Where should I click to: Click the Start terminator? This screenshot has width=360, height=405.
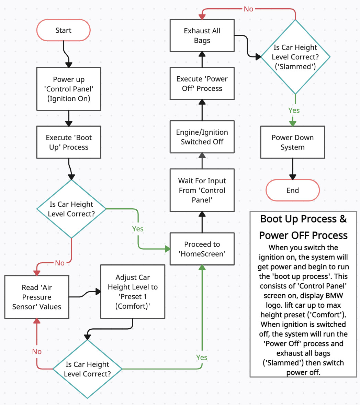pyautogui.click(x=63, y=30)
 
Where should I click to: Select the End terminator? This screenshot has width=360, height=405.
pyautogui.click(x=293, y=190)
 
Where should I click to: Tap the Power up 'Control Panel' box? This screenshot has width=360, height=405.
pyautogui.click(x=69, y=89)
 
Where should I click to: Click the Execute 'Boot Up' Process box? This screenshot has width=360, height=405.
pyautogui.click(x=69, y=142)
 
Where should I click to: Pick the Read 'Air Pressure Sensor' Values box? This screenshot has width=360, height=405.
pyautogui.click(x=37, y=297)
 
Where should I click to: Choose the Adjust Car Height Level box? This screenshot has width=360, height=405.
pyautogui.click(x=133, y=292)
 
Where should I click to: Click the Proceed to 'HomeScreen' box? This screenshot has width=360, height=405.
pyautogui.click(x=202, y=249)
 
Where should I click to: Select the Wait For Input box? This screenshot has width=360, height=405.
pyautogui.click(x=202, y=190)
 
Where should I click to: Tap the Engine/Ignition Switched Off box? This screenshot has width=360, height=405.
pyautogui.click(x=202, y=137)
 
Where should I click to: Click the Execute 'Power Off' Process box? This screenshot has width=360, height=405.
pyautogui.click(x=202, y=84)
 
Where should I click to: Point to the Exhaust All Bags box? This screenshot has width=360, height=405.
pyautogui.click(x=202, y=35)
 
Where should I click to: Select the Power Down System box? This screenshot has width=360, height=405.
pyautogui.click(x=293, y=142)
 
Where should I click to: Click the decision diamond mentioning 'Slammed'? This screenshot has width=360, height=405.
pyautogui.click(x=295, y=57)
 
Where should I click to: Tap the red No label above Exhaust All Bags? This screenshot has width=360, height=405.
pyautogui.click(x=248, y=9)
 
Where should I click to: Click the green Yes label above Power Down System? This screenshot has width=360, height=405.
pyautogui.click(x=294, y=110)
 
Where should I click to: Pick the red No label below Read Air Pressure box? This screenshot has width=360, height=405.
pyautogui.click(x=37, y=351)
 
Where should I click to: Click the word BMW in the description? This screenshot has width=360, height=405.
pyautogui.click(x=334, y=296)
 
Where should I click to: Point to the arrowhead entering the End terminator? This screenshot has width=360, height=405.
pyautogui.click(x=293, y=177)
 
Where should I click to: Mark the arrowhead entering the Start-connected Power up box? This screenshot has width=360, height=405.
pyautogui.click(x=69, y=65)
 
